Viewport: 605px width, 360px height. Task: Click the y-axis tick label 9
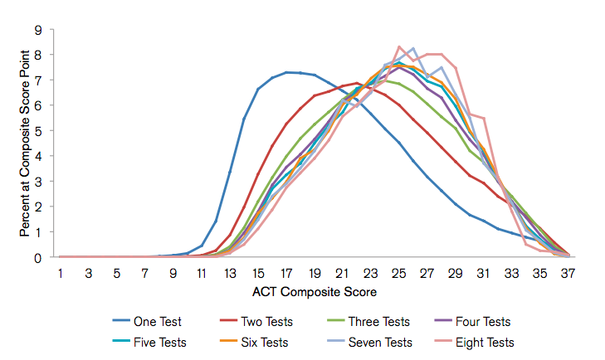pyautogui.click(x=38, y=30)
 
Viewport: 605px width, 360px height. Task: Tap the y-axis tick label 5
pyautogui.click(x=38, y=131)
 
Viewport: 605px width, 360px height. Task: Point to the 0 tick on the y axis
pyautogui.click(x=38, y=258)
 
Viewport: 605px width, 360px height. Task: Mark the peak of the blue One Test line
pyautogui.click(x=287, y=72)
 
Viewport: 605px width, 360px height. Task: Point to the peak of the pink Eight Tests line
pyautogui.click(x=399, y=46)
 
